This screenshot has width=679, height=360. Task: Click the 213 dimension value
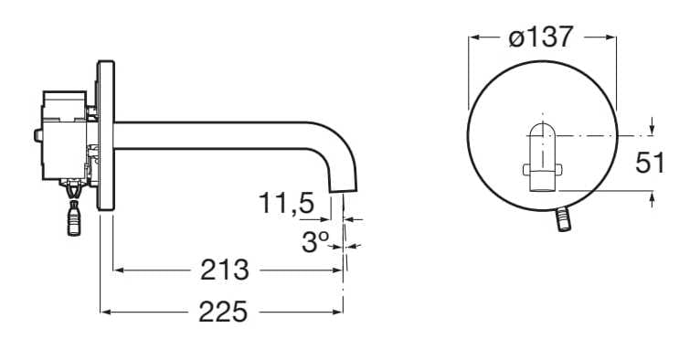(224, 270)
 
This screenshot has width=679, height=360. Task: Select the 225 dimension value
(223, 312)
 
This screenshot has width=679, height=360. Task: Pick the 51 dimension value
(650, 163)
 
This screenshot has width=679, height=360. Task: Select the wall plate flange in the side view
(106, 135)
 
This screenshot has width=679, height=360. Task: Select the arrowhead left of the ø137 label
(472, 37)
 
